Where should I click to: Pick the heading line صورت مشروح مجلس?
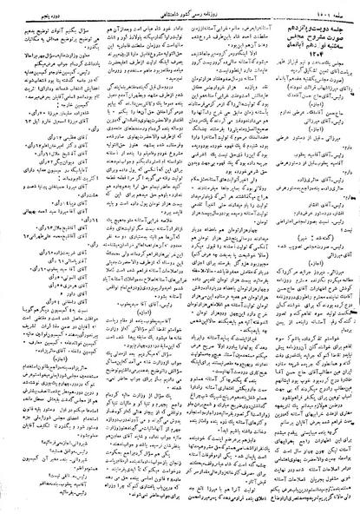311,40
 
